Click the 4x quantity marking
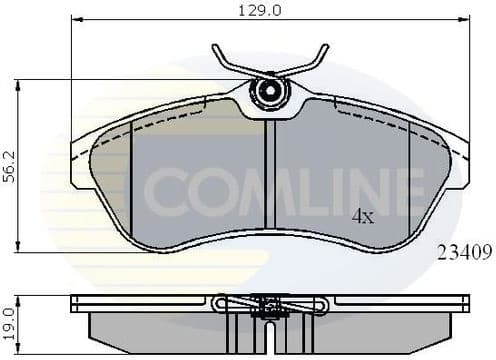pyautogui.click(x=361, y=216)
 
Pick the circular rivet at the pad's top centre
pyautogui.click(x=268, y=92)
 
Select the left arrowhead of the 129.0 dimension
pyautogui.click(x=76, y=21)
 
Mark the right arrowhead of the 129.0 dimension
pyautogui.click(x=463, y=21)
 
